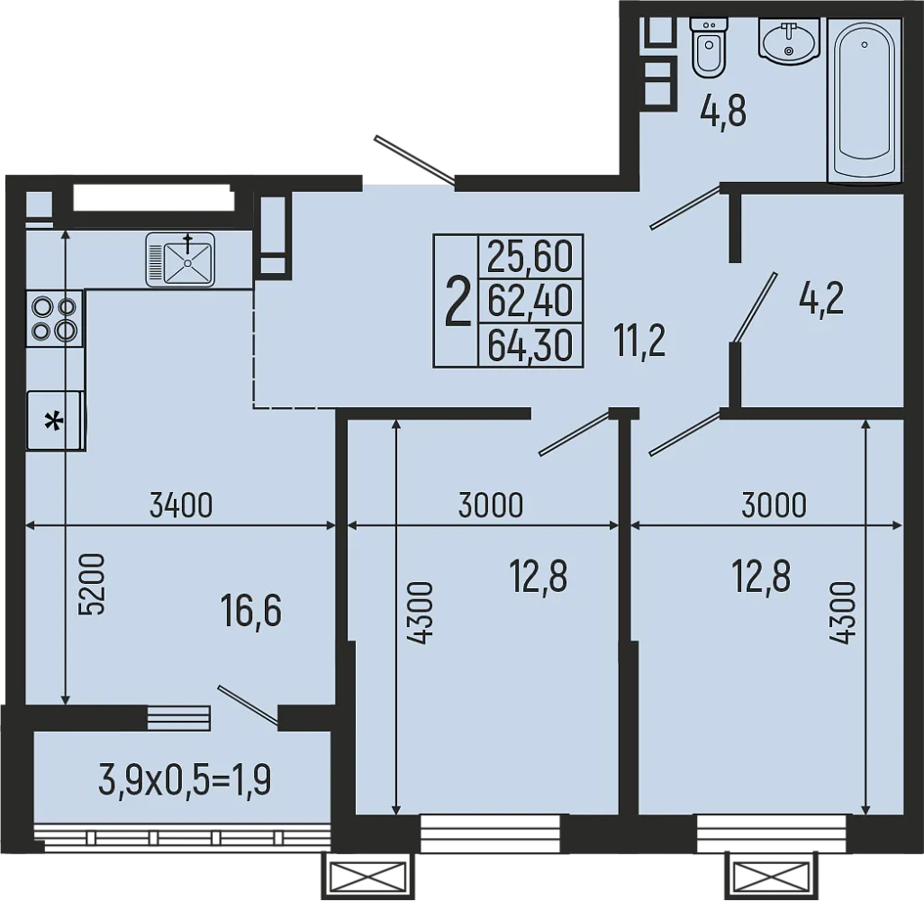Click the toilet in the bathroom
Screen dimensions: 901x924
coord(708,47)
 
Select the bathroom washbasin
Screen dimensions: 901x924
coord(789,41)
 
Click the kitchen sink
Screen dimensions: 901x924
coord(181,259)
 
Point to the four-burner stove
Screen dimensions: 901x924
coord(54,318)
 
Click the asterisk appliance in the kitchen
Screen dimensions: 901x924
coord(55,420)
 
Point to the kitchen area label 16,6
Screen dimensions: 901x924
coord(251,611)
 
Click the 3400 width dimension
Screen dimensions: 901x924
coord(181,506)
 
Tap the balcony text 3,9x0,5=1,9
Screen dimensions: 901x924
coord(185,780)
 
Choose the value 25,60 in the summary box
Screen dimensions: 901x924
coord(530,258)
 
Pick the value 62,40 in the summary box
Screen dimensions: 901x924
coord(530,301)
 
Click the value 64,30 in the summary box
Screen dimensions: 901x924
coord(530,345)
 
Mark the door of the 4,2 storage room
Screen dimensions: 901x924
coord(755,307)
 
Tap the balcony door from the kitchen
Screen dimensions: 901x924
coord(247,705)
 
